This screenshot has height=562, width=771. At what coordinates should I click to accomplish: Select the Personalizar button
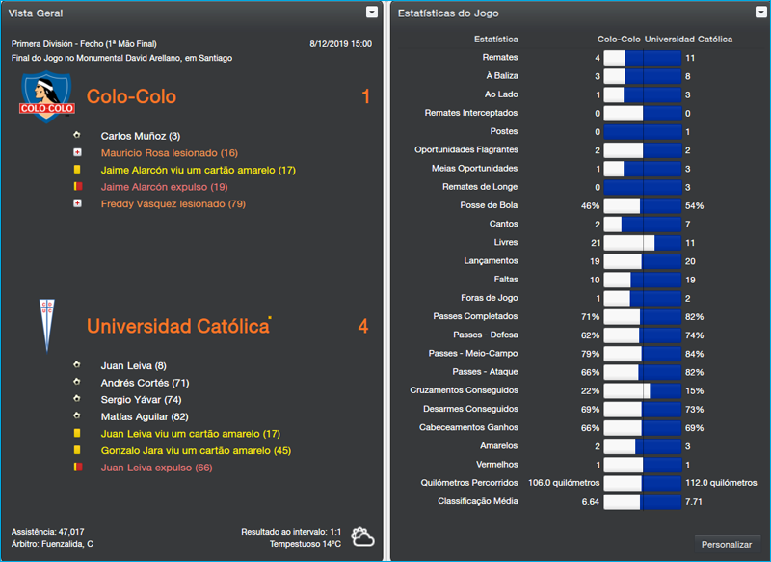[727, 544]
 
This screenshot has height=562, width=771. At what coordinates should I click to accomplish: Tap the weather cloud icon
[363, 536]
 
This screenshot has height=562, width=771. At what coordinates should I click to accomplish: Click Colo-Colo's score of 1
[365, 97]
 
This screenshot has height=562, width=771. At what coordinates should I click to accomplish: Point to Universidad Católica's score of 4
[363, 327]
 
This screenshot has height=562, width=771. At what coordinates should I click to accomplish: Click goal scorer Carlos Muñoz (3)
[140, 136]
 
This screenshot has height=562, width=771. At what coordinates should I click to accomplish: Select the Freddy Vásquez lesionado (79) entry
[173, 203]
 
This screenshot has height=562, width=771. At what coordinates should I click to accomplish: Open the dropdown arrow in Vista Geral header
[372, 13]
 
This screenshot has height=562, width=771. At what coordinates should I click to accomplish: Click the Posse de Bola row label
[489, 205]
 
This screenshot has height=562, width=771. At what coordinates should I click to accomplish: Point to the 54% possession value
[694, 205]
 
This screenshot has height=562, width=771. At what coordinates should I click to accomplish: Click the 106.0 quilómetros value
[564, 483]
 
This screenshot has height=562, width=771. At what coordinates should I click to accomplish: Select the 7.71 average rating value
[694, 501]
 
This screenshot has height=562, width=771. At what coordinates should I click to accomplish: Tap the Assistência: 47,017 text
[48, 531]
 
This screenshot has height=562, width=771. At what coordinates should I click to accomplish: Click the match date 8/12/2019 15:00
[341, 44]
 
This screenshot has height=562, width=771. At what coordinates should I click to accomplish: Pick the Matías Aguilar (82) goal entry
[145, 416]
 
